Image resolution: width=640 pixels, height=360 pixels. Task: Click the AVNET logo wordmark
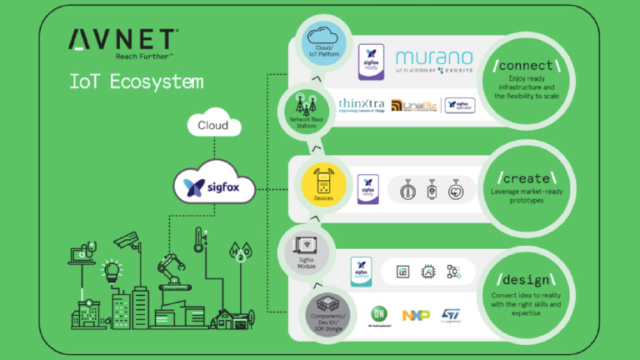[x=122, y=39]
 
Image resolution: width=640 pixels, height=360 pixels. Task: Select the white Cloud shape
[x=212, y=125]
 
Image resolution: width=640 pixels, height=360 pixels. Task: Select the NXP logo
[x=415, y=315]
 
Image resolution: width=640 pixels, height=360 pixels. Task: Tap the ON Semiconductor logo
[x=380, y=315]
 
